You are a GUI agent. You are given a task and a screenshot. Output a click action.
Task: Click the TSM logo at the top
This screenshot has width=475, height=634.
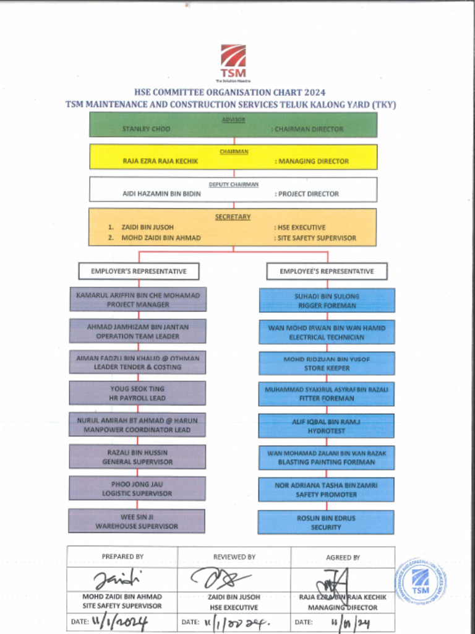pyautogui.click(x=233, y=60)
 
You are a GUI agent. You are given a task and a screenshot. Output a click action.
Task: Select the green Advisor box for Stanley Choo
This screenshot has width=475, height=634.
pyautogui.click(x=233, y=124)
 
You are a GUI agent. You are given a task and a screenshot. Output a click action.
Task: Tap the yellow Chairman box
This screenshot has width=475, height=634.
pyautogui.click(x=233, y=157)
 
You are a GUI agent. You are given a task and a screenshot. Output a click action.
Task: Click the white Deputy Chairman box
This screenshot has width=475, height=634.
pyautogui.click(x=233, y=189)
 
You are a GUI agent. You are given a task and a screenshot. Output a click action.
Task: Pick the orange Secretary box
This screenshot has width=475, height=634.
pyautogui.click(x=233, y=227)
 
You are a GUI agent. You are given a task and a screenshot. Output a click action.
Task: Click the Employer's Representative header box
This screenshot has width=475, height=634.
pyautogui.click(x=139, y=271)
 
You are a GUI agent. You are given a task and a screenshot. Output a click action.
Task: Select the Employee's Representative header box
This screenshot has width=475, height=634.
pyautogui.click(x=327, y=271)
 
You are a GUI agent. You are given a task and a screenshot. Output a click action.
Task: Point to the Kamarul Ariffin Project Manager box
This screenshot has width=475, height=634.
pyautogui.click(x=138, y=300)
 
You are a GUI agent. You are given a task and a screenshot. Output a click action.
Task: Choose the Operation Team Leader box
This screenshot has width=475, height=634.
pyautogui.click(x=137, y=331)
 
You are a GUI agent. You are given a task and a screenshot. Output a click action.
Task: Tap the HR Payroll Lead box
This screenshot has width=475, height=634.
pyautogui.click(x=137, y=393)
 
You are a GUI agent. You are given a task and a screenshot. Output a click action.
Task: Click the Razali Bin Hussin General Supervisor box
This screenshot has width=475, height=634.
pyautogui.click(x=137, y=457)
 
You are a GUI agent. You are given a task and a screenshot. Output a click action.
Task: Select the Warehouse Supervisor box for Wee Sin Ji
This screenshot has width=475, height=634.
pyautogui.click(x=137, y=521)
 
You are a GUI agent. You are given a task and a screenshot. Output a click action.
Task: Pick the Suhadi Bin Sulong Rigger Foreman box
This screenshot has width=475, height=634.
pyautogui.click(x=327, y=300)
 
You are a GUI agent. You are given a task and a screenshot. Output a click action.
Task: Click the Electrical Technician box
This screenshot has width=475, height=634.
pyautogui.click(x=327, y=332)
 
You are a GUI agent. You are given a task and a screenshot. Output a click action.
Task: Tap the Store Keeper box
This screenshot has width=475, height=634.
pyautogui.click(x=327, y=363)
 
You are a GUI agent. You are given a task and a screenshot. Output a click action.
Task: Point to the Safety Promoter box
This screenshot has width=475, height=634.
pyautogui.click(x=326, y=490)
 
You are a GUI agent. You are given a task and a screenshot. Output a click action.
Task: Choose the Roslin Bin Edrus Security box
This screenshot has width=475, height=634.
pyautogui.click(x=326, y=523)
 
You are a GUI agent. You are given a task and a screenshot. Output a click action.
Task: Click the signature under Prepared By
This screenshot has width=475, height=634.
pyautogui.click(x=118, y=580)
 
